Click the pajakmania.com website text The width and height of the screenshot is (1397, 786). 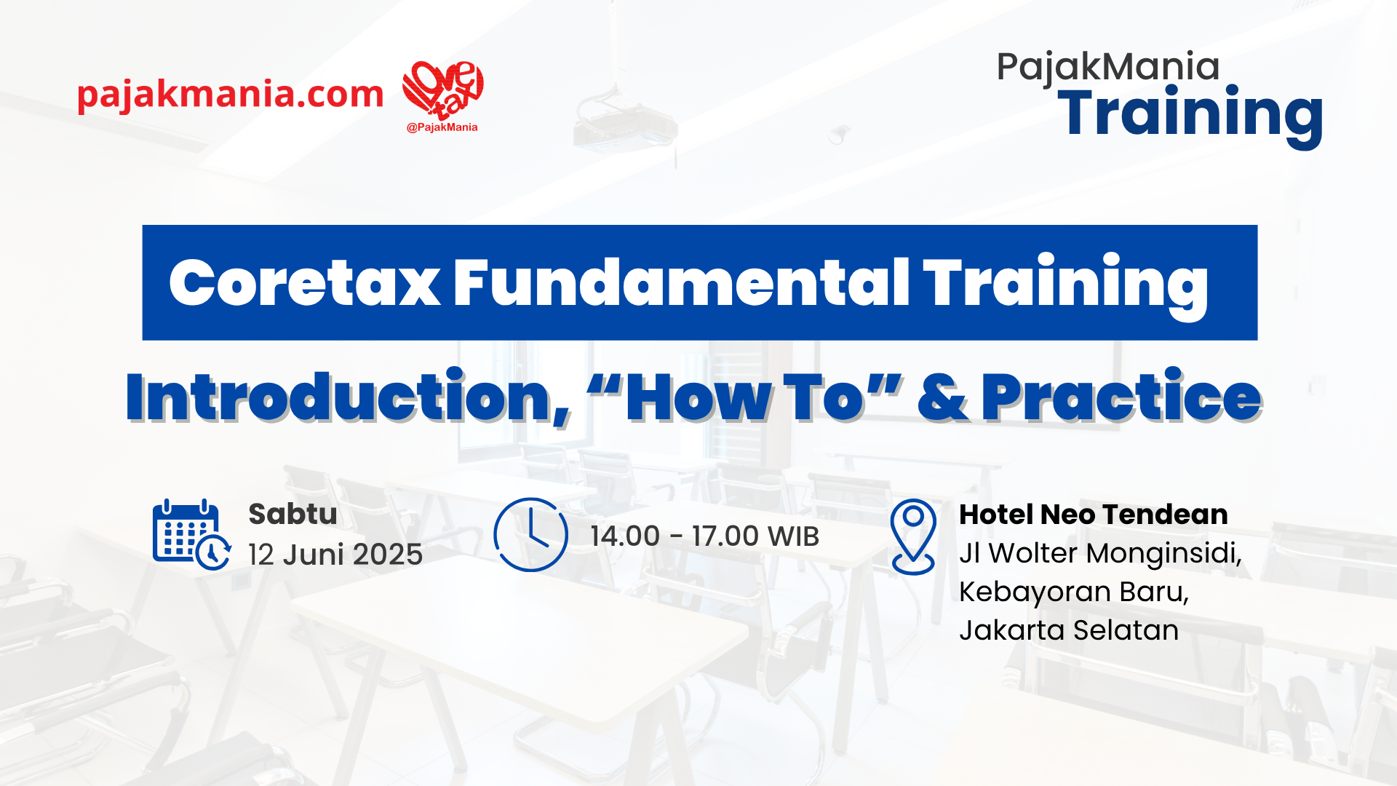pos(230,95)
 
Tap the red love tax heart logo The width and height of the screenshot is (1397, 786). pos(443,90)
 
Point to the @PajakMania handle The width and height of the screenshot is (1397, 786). pos(442,127)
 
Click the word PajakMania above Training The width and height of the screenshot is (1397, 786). pos(1107,67)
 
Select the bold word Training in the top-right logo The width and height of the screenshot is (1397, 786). pos(1190,115)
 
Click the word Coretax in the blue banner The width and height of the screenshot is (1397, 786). pos(305,283)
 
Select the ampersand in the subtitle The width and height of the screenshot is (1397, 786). pos(944,397)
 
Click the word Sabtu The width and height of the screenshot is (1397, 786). pos(292,514)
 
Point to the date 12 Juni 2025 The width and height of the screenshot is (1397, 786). pos(335,555)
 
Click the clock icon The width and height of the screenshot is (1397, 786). pos(530,535)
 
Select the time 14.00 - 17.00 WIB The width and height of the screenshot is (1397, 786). pos(704,536)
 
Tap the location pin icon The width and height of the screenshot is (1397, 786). pos(913,537)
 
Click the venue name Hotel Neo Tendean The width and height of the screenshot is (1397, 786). pos(1093,515)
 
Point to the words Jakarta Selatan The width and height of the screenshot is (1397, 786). pos(1069,630)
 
